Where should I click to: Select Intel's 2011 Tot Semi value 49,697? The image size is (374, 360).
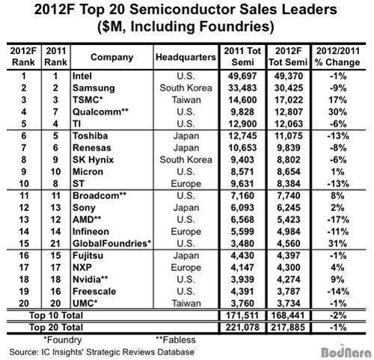[x=242, y=76]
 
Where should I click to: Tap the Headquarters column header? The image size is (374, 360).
[x=186, y=57]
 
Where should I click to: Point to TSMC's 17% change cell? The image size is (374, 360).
[x=337, y=100]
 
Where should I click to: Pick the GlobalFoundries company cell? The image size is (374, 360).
[x=112, y=243]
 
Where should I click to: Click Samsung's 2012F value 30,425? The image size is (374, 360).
[x=289, y=88]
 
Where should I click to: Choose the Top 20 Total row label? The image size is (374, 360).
[x=56, y=327]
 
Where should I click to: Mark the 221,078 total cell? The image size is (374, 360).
[x=242, y=327]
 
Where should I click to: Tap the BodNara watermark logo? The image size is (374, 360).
[x=346, y=352]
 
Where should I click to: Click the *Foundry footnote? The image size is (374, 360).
[x=63, y=340]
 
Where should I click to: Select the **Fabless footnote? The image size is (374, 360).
[x=176, y=340]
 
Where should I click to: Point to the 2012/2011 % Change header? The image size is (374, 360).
[x=337, y=57]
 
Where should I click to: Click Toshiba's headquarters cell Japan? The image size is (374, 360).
[x=186, y=136]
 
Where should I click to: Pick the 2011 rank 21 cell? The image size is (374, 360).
[x=55, y=243]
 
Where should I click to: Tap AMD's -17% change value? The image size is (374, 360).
[x=338, y=220]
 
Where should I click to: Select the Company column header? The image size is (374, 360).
[x=111, y=57]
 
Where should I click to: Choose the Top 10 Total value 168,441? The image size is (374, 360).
[x=288, y=316]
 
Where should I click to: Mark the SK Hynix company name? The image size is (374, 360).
[x=93, y=160]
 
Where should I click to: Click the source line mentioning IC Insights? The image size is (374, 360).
[x=102, y=352]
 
